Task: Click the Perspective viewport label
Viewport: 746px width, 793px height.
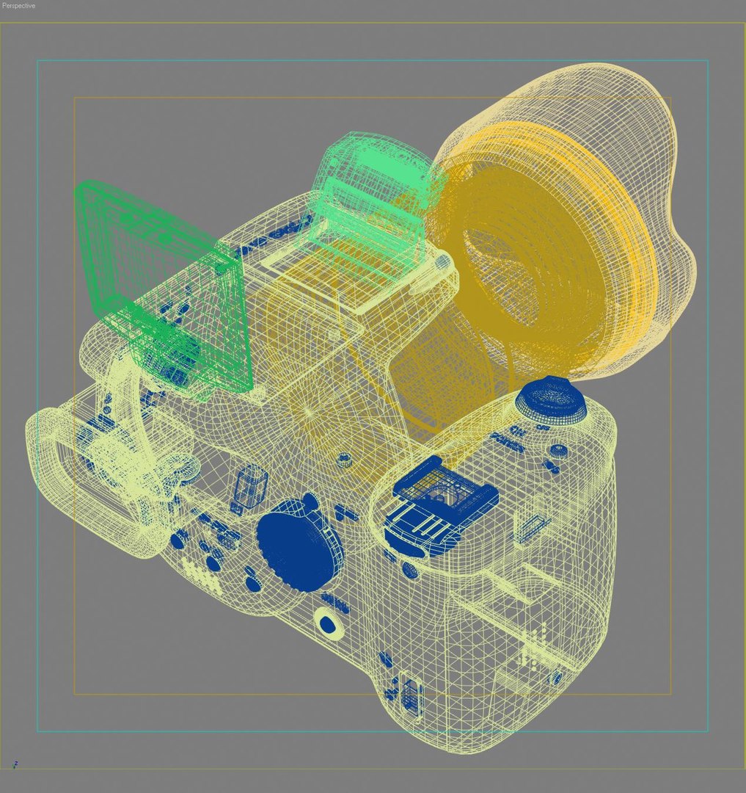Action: coord(18,6)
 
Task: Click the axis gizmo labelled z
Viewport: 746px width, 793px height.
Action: coord(15,764)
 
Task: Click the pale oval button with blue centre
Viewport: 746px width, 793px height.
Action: coord(328,623)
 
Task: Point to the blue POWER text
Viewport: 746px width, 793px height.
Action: coord(507,442)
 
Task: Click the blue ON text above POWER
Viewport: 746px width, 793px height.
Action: coord(516,430)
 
